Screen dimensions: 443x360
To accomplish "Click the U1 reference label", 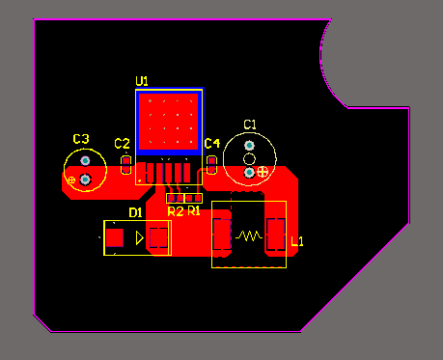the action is click(x=142, y=81).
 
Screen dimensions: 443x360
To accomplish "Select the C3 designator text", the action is click(x=81, y=139).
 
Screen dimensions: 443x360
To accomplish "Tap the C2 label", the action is click(x=123, y=144).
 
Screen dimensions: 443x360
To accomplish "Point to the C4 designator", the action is click(x=212, y=144).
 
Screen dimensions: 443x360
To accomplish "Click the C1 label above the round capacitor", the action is click(x=250, y=125).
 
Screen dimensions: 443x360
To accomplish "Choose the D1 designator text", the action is click(x=135, y=212).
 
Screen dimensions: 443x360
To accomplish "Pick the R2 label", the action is click(x=176, y=211).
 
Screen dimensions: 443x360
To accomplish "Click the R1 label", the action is click(x=194, y=210).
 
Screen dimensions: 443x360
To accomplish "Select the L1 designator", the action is click(x=297, y=241).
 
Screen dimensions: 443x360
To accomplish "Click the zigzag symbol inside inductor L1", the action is click(x=249, y=236).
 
